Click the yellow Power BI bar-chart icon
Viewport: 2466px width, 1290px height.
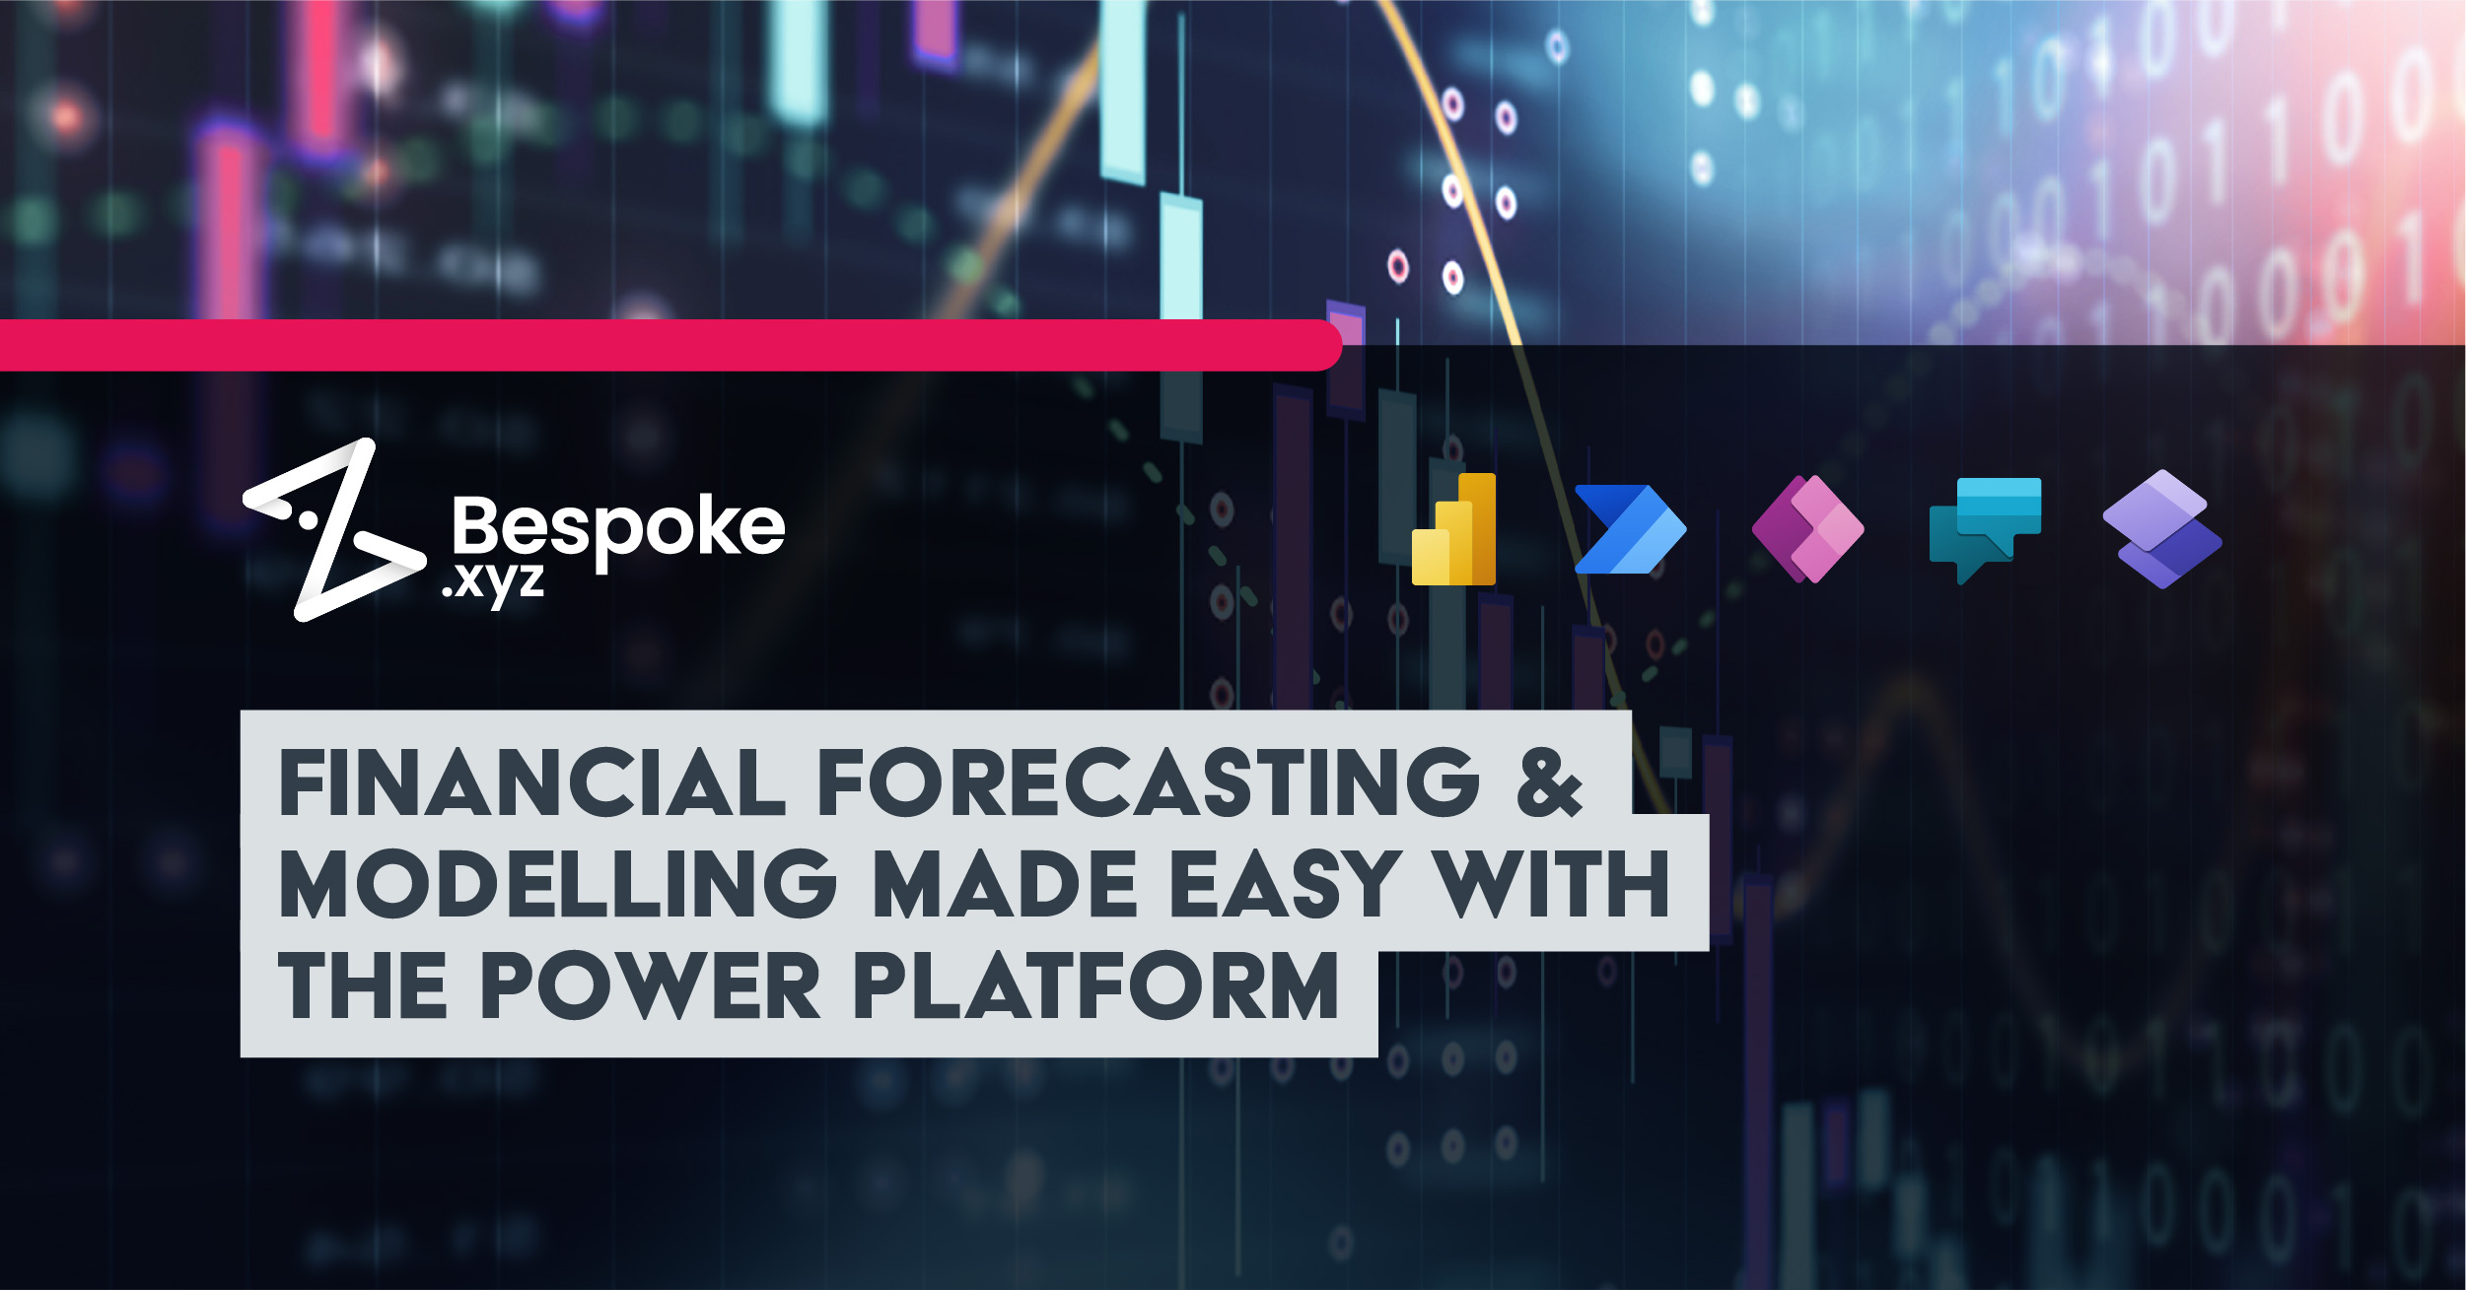click(x=1454, y=530)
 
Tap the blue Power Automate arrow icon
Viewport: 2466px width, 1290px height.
click(x=1629, y=529)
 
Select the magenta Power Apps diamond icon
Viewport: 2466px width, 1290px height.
click(x=1807, y=529)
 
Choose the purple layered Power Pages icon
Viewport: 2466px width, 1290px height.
click(x=2161, y=529)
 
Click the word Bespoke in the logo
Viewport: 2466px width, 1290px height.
click(x=618, y=527)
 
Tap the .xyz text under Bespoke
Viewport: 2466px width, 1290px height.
click(x=493, y=582)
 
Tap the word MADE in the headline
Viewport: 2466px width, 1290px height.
click(x=1006, y=884)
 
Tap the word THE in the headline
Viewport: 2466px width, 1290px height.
click(x=363, y=985)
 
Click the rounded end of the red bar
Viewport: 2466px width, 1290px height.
click(x=1326, y=345)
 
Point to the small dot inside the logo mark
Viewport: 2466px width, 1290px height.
click(x=308, y=516)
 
